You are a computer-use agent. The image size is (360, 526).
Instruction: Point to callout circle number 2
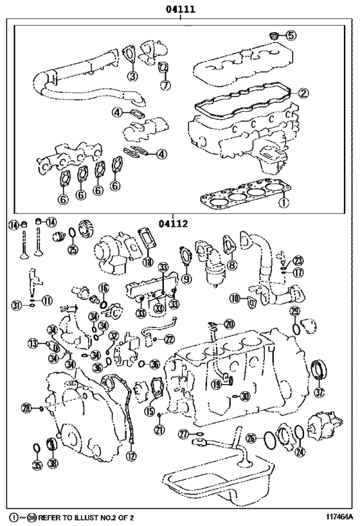[303, 92]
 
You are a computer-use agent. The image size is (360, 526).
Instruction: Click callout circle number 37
[320, 392]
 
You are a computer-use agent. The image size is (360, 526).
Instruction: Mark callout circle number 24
[300, 451]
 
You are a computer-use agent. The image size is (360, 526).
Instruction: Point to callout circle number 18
[148, 262]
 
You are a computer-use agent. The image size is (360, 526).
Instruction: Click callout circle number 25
[73, 250]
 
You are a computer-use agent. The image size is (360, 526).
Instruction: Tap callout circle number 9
[186, 279]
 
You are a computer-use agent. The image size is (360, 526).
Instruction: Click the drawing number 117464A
[334, 516]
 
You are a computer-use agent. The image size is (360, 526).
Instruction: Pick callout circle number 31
[16, 305]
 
